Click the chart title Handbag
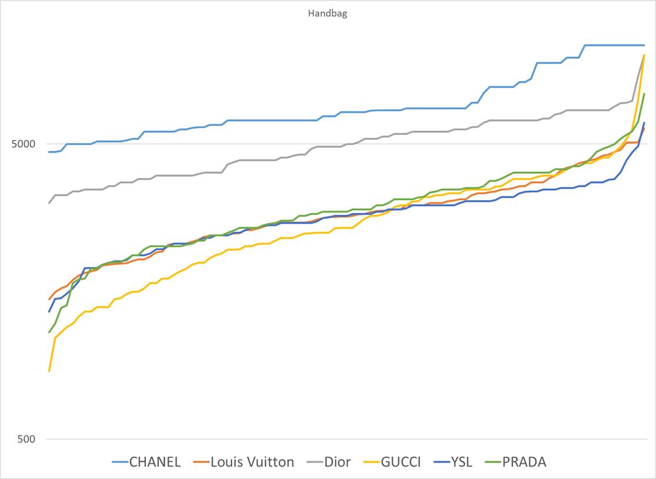pos(327,14)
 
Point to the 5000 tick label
pos(24,144)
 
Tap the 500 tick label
pos(27,439)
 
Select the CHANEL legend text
pos(155,462)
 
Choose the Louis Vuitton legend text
pos(252,462)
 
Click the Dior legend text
pos(337,462)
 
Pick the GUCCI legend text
pos(401,462)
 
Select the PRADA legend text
pos(524,462)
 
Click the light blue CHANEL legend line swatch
pos(120,462)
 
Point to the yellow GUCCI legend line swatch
pos(371,462)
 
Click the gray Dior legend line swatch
pos(315,462)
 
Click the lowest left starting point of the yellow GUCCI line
pos(49,371)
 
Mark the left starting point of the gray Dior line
pos(49,203)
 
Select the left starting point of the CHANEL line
pos(49,152)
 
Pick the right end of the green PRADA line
pos(644,94)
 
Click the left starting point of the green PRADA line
pos(49,332)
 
